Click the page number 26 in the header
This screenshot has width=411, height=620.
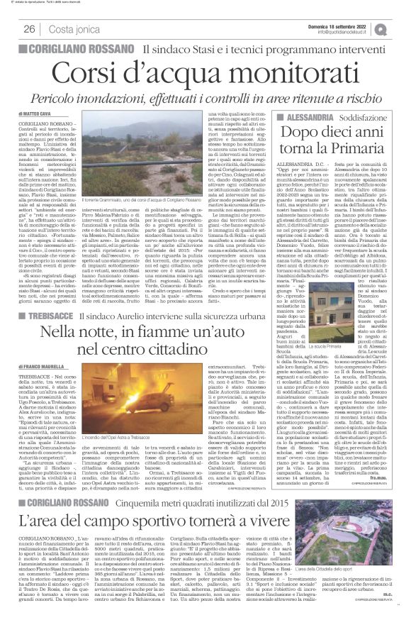click(30, 29)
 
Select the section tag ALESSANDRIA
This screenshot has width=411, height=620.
click(284, 113)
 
